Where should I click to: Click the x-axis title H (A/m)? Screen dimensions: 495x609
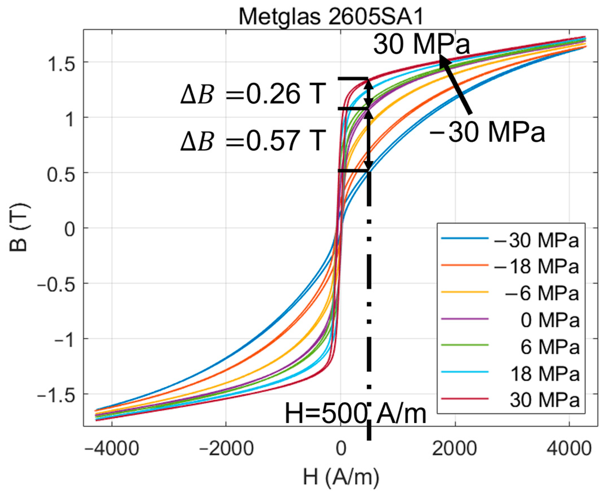click(341, 477)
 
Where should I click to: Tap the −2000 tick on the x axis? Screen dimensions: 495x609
click(226, 449)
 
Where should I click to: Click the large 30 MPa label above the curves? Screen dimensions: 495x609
click(421, 44)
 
